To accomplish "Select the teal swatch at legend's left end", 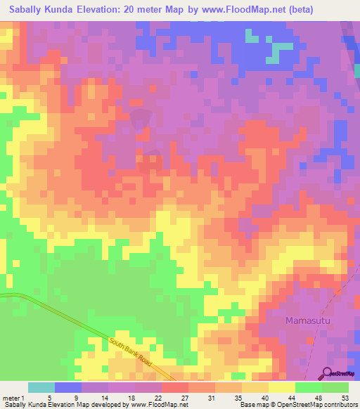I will coord(41,387).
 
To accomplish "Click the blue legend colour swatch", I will coord(68,387).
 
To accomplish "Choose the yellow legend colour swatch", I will coord(282,387).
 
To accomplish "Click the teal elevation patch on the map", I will coord(282,47).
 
